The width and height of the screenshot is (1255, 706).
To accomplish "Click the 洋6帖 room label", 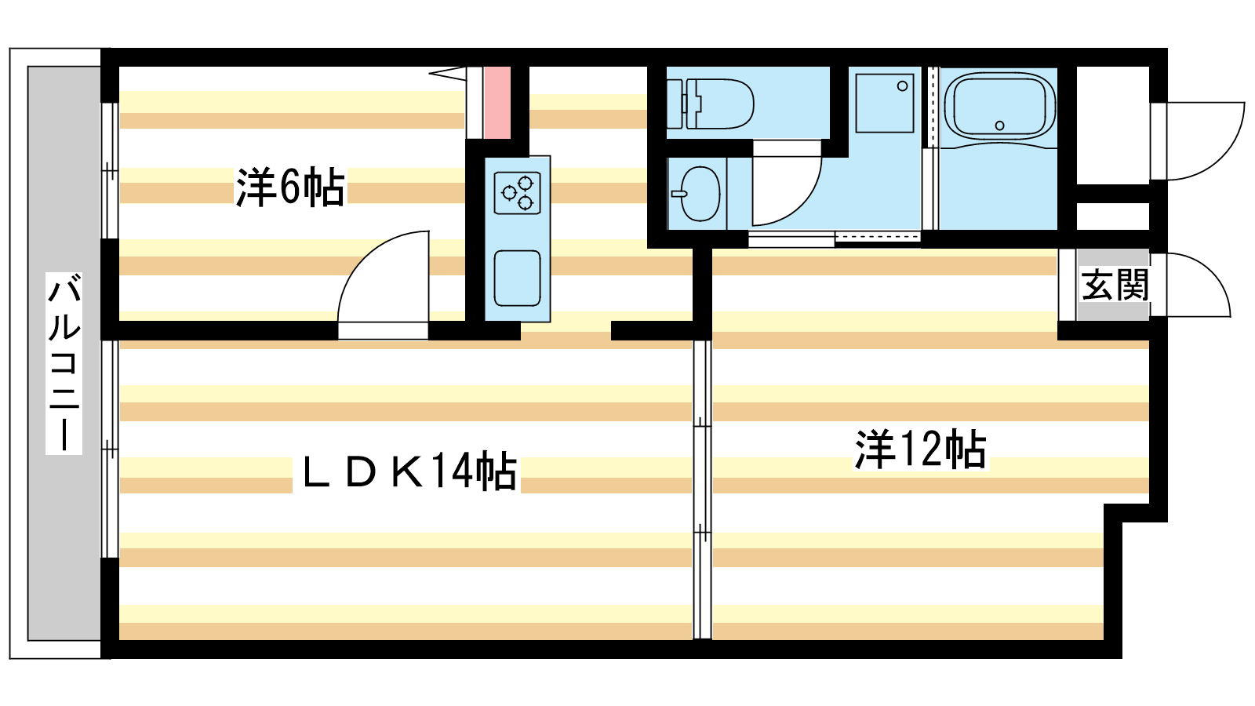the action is (289, 187).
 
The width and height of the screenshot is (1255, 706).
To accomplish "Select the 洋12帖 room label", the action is (921, 449).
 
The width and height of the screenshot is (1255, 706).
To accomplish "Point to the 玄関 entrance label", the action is (1115, 285).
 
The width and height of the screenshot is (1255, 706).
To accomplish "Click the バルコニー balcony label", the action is (64, 363).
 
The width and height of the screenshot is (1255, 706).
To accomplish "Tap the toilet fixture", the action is (711, 104).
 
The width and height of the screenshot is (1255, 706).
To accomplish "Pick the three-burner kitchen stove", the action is (517, 193).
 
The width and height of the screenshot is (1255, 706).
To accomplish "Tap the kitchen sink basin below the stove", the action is (517, 278).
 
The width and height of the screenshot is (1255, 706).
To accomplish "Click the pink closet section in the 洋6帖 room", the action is (497, 103).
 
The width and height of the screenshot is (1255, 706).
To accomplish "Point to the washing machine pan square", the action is (885, 104).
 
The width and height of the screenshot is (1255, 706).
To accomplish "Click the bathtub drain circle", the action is (999, 126).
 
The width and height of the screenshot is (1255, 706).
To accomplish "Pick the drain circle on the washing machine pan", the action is (902, 86).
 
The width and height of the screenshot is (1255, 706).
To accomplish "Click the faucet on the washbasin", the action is (679, 194).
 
